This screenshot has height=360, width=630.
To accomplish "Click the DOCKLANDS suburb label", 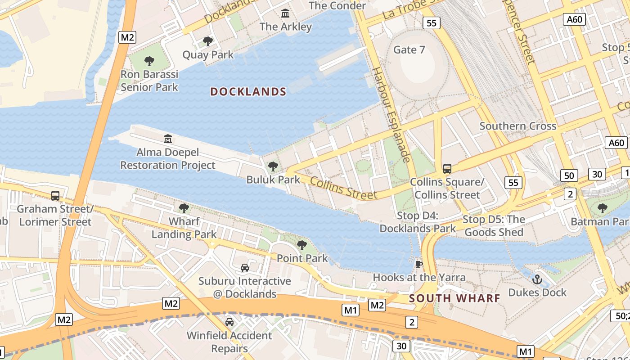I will tap(248, 92).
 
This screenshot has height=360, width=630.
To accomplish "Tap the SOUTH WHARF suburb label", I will tap(454, 298).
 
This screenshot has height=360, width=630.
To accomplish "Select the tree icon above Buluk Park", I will tap(273, 166).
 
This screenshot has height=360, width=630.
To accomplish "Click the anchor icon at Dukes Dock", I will tap(537, 279).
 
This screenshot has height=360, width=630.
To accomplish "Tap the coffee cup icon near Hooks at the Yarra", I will tap(418, 264).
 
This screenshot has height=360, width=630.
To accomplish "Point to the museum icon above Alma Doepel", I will tap(168, 139).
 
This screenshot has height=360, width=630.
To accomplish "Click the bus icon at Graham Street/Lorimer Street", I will tap(55, 196).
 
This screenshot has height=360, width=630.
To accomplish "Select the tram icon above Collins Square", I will tap(447, 169).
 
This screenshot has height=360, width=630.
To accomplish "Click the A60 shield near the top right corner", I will tap(575, 19).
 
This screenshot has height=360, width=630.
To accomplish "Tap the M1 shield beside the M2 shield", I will tap(351, 310).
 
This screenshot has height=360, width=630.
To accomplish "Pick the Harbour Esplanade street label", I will tap(391, 115).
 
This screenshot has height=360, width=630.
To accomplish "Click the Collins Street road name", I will tap(343, 188).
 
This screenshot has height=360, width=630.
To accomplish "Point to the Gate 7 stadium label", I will tap(409, 49).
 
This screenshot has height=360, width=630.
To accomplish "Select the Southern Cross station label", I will tap(517, 126).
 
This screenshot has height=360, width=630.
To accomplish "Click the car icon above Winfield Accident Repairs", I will tap(229, 322).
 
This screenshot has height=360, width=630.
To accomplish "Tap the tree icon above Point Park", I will tap(302, 245).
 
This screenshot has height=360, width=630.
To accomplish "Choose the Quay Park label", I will tap(208, 55).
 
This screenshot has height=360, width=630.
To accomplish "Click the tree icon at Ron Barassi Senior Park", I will tap(149, 61).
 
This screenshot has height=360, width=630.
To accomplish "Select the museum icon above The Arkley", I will tap(285, 13).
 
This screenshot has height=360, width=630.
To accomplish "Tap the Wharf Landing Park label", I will tap(184, 228).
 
